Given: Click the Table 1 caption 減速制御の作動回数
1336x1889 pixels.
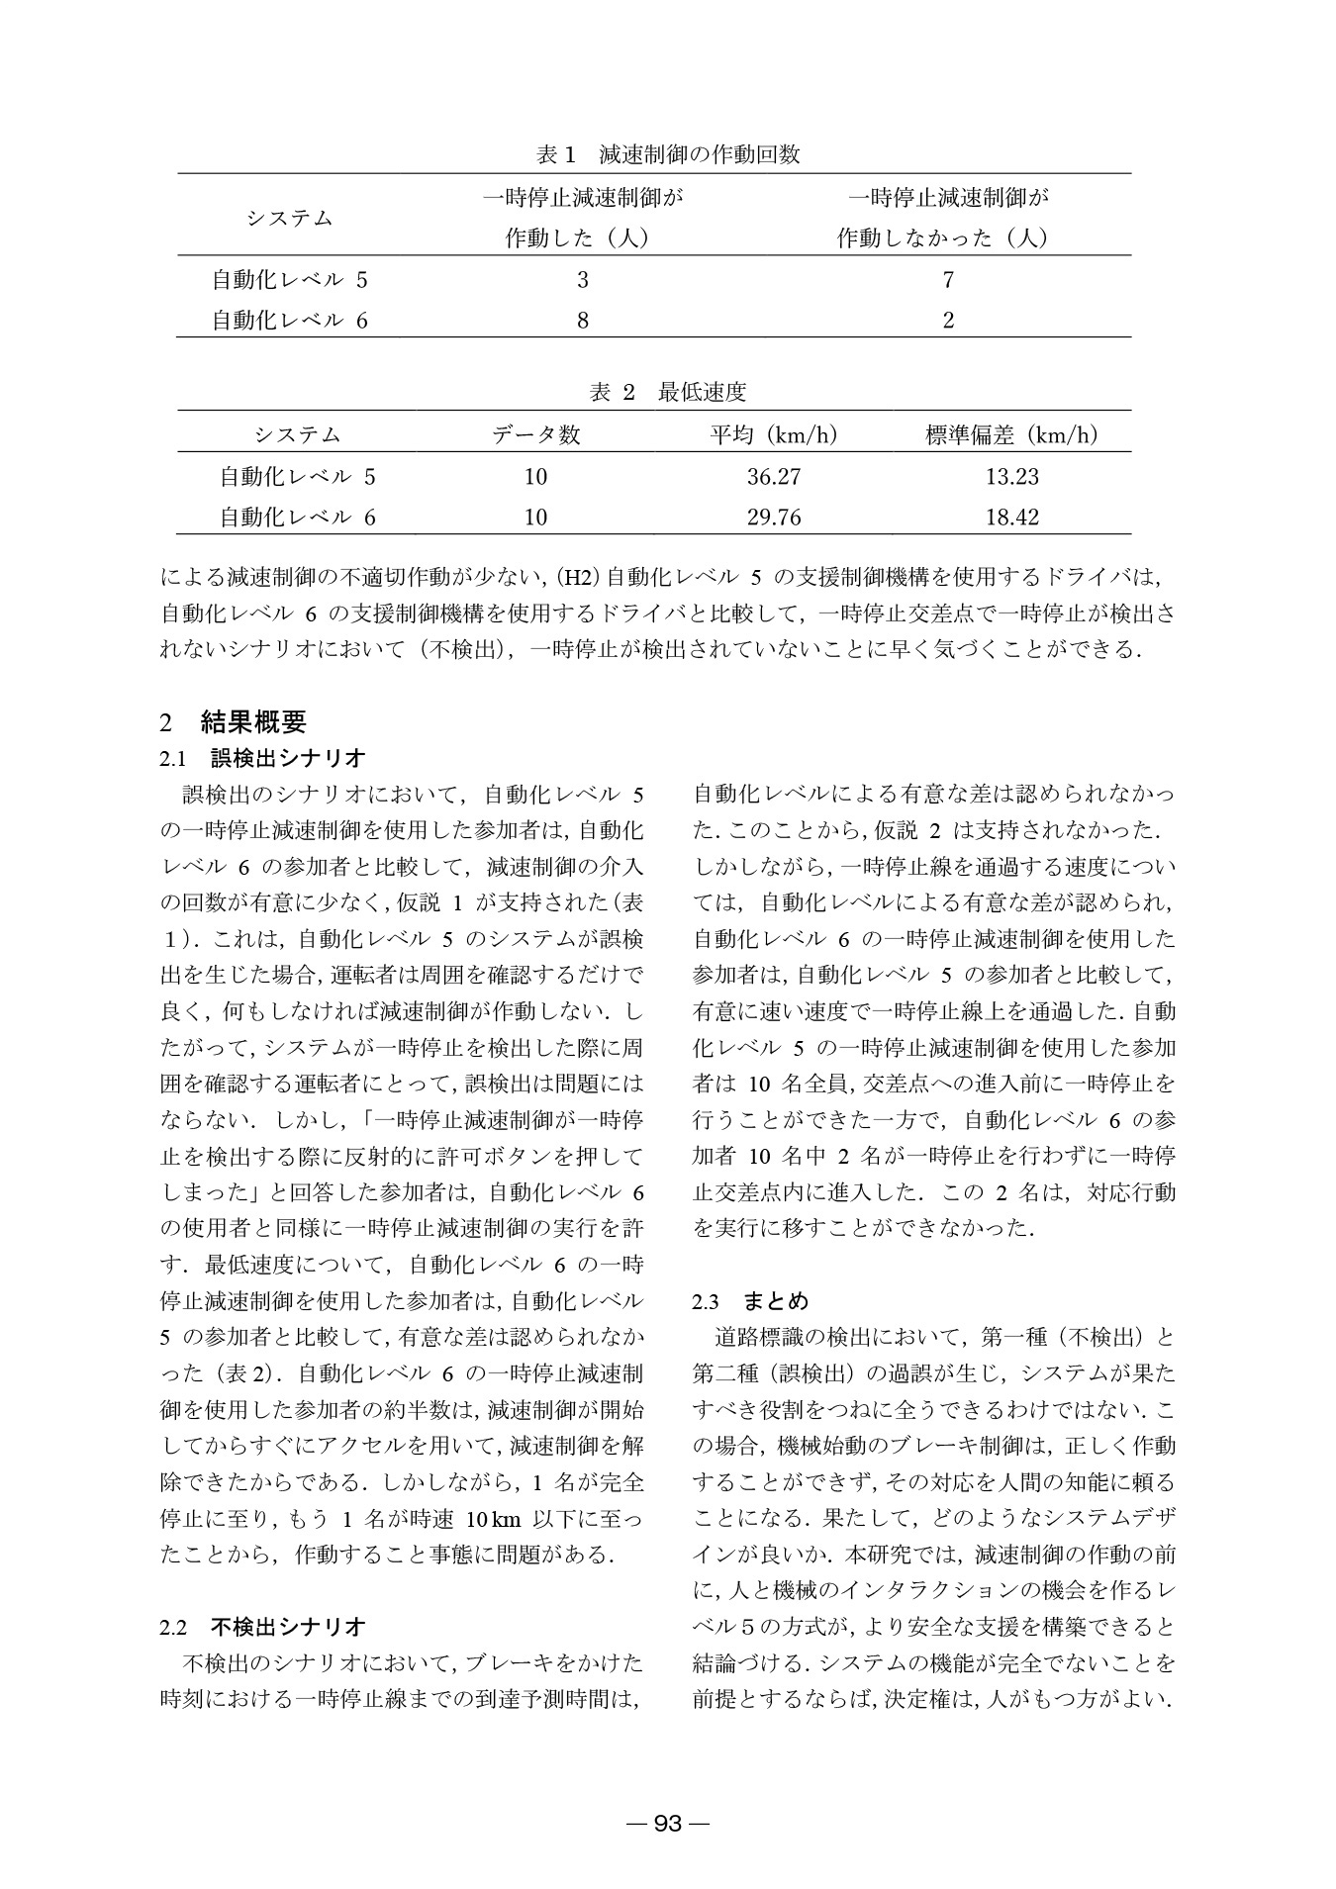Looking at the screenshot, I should [668, 154].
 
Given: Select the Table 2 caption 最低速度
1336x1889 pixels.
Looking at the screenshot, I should [668, 392].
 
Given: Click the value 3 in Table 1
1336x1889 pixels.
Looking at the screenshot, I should [583, 280].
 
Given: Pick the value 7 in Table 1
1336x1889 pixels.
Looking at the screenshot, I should [948, 280].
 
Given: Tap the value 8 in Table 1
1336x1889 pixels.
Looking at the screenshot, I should [583, 321].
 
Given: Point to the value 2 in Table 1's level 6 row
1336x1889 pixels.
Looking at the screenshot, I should [948, 321].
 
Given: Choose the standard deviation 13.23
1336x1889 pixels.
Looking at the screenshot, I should [1012, 477].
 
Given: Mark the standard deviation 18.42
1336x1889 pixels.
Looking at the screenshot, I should [1012, 518].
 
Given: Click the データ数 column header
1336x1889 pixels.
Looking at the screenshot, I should [535, 434].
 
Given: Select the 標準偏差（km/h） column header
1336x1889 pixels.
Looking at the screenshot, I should [1012, 434].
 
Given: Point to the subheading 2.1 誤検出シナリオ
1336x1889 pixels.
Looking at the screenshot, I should [263, 759].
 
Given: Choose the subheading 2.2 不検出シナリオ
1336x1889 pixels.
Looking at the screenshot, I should [263, 1626].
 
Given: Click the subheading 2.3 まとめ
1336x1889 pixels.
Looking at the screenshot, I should [751, 1301].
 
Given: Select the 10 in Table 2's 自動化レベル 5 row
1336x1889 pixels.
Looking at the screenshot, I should [535, 477].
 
